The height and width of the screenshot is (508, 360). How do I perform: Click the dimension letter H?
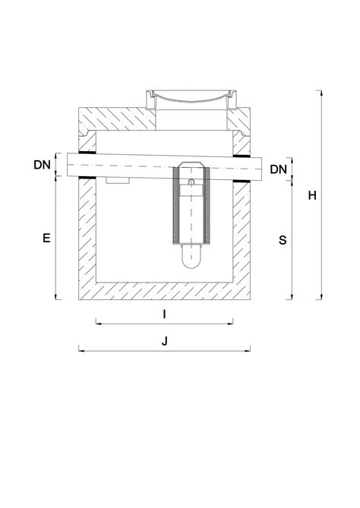tap(312, 195)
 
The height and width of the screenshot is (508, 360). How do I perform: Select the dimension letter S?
tap(283, 240)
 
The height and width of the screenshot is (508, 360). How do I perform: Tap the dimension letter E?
tap(46, 238)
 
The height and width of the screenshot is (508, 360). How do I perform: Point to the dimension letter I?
tap(164, 312)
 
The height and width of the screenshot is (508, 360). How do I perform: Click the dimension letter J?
tap(165, 341)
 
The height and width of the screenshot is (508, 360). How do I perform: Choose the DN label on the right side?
tap(279, 169)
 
